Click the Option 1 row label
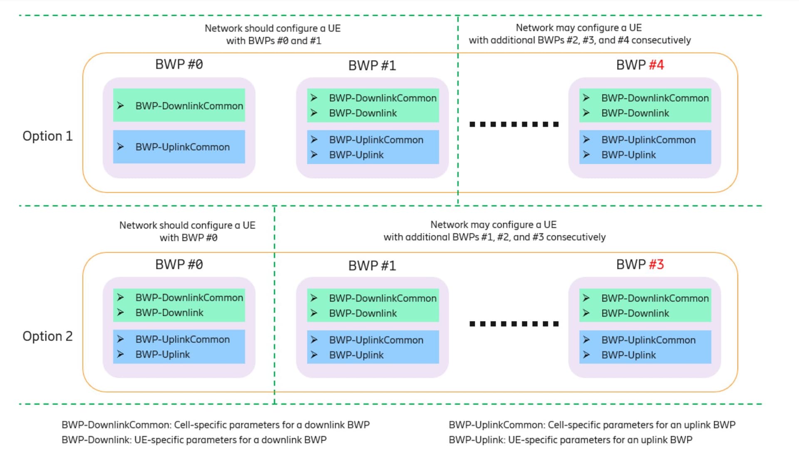pyautogui.click(x=47, y=136)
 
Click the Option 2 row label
pyautogui.click(x=47, y=336)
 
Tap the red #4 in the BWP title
pyautogui.click(x=656, y=65)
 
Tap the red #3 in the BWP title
pyautogui.click(x=656, y=264)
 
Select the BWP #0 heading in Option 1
pyautogui.click(x=179, y=64)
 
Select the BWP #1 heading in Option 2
pyautogui.click(x=372, y=266)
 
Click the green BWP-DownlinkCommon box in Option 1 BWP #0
pyautogui.click(x=179, y=105)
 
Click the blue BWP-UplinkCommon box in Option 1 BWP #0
pyautogui.click(x=179, y=147)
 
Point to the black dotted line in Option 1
pyautogui.click(x=514, y=124)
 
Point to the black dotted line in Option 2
pyautogui.click(x=514, y=324)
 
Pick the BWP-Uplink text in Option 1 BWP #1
pyautogui.click(x=356, y=155)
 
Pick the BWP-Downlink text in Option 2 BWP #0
pyautogui.click(x=169, y=313)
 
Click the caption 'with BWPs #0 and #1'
pyautogui.click(x=273, y=41)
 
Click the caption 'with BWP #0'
pyautogui.click(x=189, y=238)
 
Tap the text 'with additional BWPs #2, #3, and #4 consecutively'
pyautogui.click(x=580, y=40)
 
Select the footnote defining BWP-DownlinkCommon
pyautogui.click(x=216, y=425)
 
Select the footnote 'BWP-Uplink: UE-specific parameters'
pyautogui.click(x=571, y=440)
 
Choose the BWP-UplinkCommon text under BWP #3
pyautogui.click(x=648, y=340)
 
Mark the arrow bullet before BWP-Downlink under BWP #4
pyautogui.click(x=586, y=113)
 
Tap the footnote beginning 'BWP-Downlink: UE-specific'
pyautogui.click(x=194, y=440)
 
